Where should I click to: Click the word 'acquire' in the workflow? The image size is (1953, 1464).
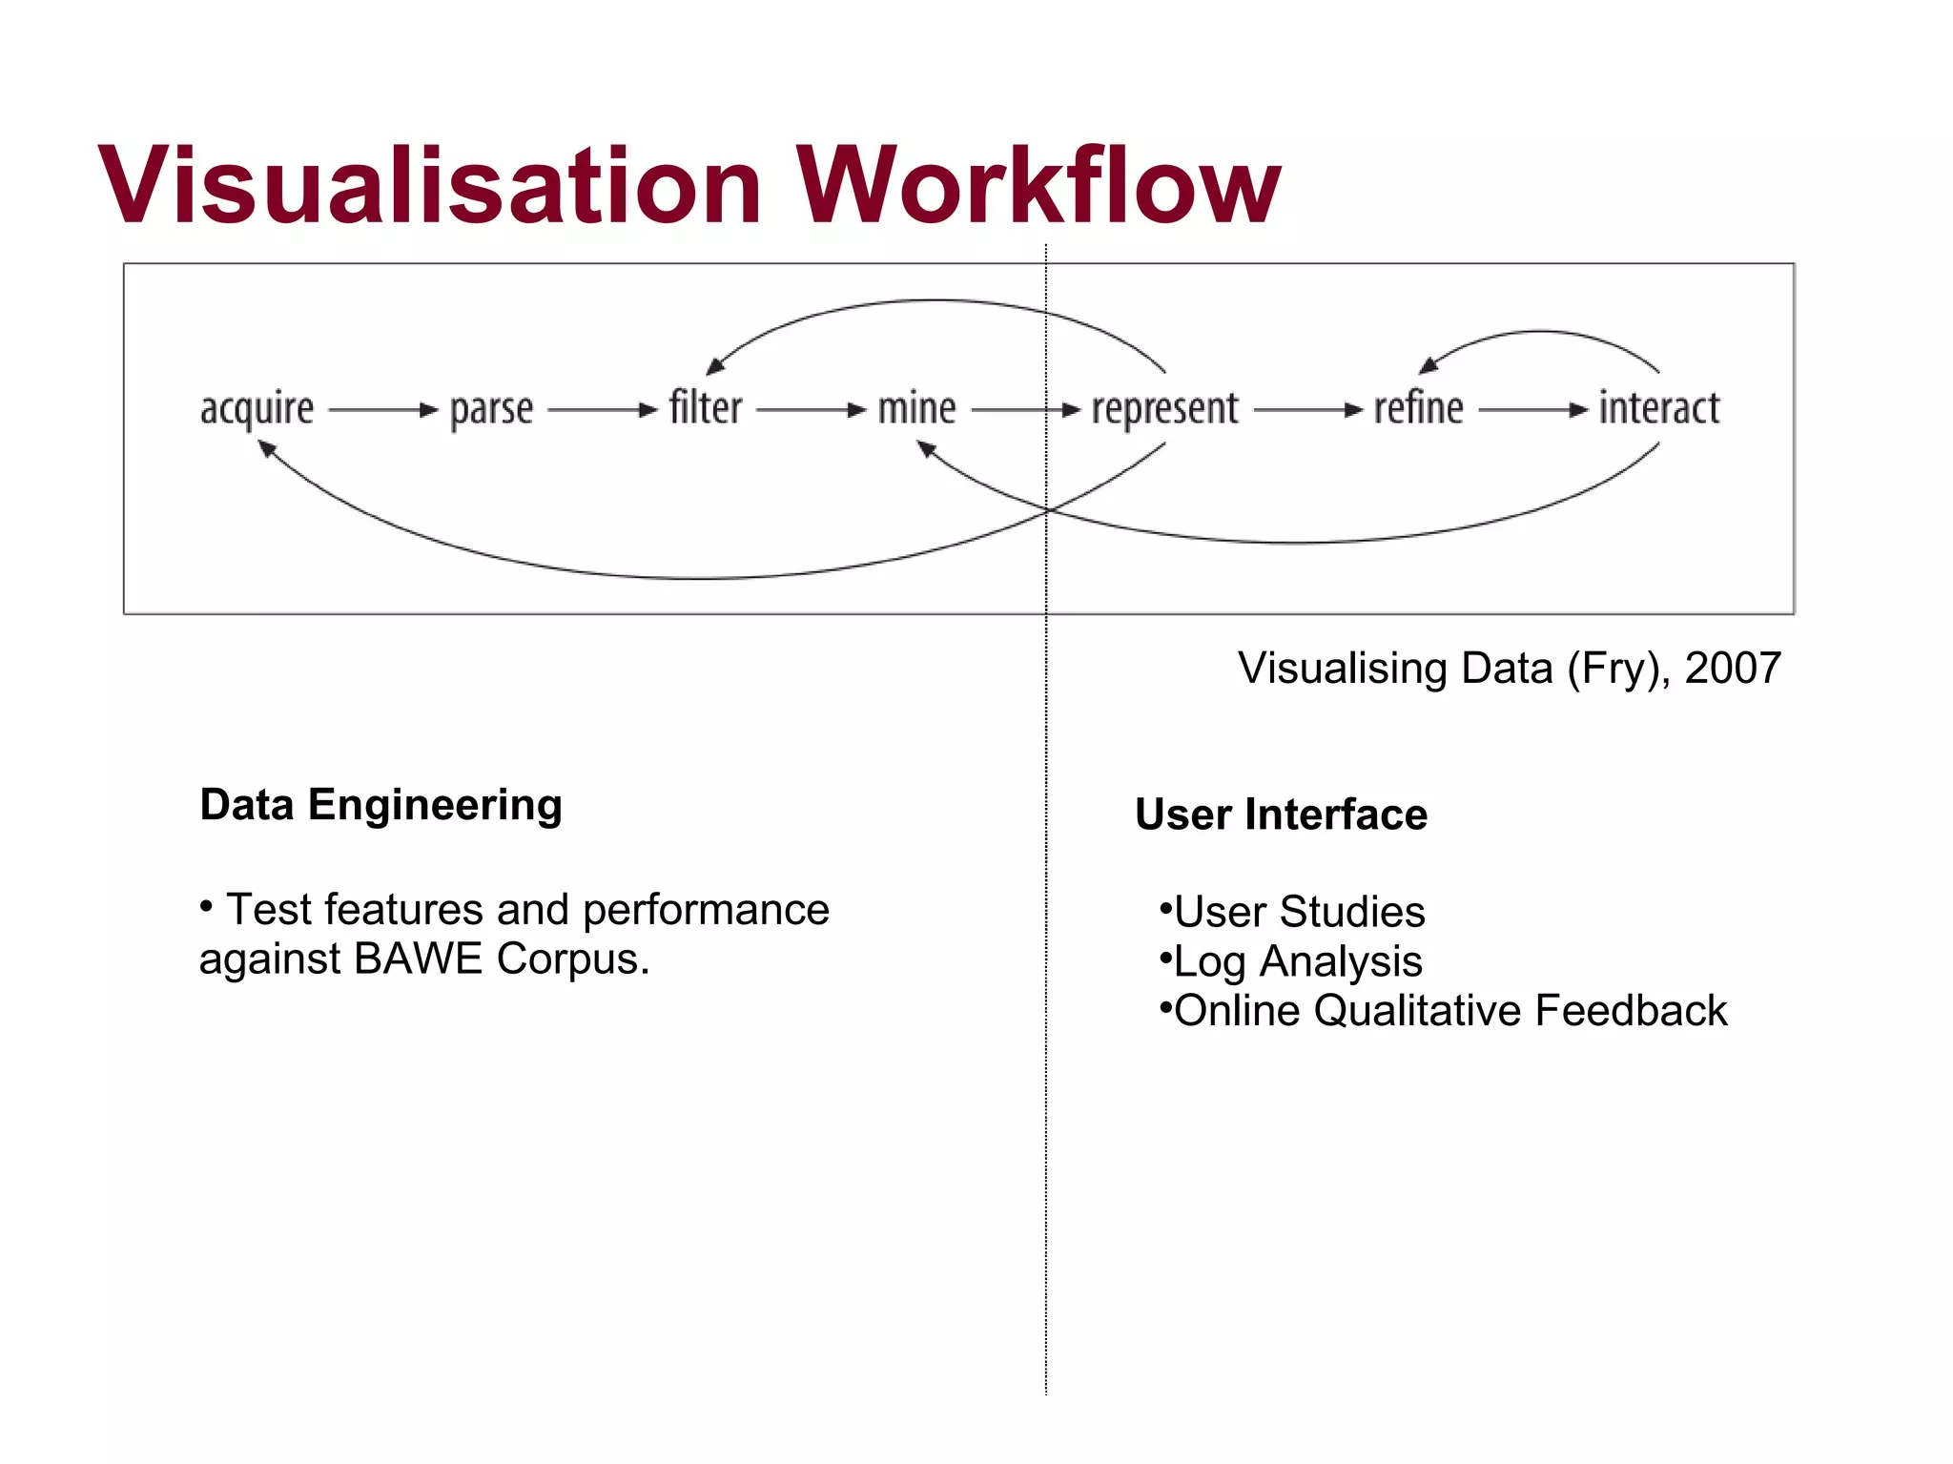click(257, 410)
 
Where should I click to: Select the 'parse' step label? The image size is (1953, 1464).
click(491, 410)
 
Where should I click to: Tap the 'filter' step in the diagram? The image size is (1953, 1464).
click(705, 408)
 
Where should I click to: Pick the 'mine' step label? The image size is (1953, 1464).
click(916, 409)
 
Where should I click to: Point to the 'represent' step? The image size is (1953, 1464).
click(1164, 410)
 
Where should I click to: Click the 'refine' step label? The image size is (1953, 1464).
click(1418, 408)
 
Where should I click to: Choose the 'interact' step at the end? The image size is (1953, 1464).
click(1658, 408)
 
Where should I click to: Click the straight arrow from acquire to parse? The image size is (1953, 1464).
click(381, 410)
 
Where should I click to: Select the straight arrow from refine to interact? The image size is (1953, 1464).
click(1532, 410)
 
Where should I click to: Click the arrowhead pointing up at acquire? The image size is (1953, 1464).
click(267, 448)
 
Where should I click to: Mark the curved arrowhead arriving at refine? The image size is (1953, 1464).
click(1428, 365)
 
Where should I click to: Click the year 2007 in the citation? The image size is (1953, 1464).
click(1732, 668)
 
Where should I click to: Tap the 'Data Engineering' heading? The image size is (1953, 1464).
click(380, 805)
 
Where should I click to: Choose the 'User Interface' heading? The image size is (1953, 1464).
click(1281, 814)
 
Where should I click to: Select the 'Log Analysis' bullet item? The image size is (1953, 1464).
click(1297, 961)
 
